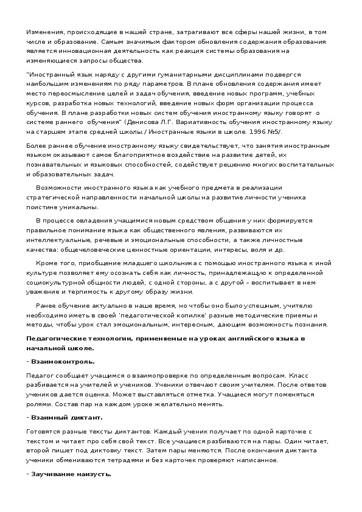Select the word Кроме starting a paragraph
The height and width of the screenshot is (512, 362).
click(x=47, y=262)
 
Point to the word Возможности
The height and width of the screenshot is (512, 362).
click(x=57, y=188)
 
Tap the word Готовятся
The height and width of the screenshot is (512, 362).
click(x=43, y=431)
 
